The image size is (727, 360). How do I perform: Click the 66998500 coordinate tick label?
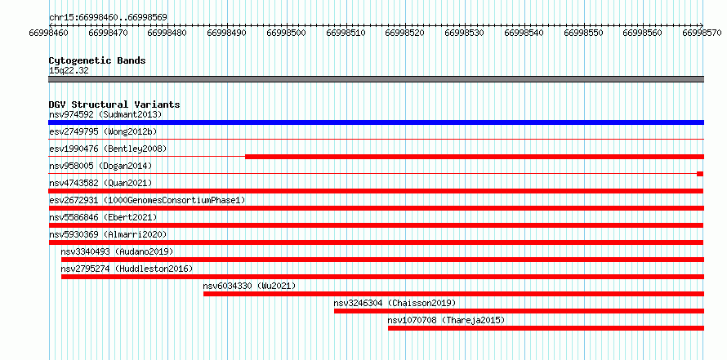point(287,33)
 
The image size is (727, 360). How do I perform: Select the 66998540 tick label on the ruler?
point(524,33)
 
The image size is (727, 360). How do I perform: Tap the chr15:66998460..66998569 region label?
point(108,18)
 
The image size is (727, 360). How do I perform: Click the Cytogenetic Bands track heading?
point(97,60)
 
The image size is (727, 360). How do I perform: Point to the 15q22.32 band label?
point(69,71)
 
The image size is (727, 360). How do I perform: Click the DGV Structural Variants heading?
point(114,104)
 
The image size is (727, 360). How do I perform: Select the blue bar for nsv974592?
point(376,122)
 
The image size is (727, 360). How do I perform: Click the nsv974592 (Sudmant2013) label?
point(105,114)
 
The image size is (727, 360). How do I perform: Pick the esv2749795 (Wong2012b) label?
point(103,131)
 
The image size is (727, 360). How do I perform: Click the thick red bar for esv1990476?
point(475,157)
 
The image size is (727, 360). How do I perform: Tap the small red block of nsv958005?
point(700,174)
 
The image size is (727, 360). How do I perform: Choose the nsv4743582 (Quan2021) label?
point(100,183)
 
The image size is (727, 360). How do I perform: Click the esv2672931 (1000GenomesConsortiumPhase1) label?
point(147,200)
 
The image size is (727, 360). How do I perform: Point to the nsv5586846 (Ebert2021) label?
point(103,217)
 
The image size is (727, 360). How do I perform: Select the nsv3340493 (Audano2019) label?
point(117,251)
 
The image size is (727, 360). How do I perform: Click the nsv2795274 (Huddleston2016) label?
point(127,269)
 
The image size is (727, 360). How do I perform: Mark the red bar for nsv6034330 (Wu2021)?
point(453,294)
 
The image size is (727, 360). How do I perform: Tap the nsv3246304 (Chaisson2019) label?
point(395,303)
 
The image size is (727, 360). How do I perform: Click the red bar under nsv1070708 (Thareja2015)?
point(546,328)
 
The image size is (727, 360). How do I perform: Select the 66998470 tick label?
point(108,33)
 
